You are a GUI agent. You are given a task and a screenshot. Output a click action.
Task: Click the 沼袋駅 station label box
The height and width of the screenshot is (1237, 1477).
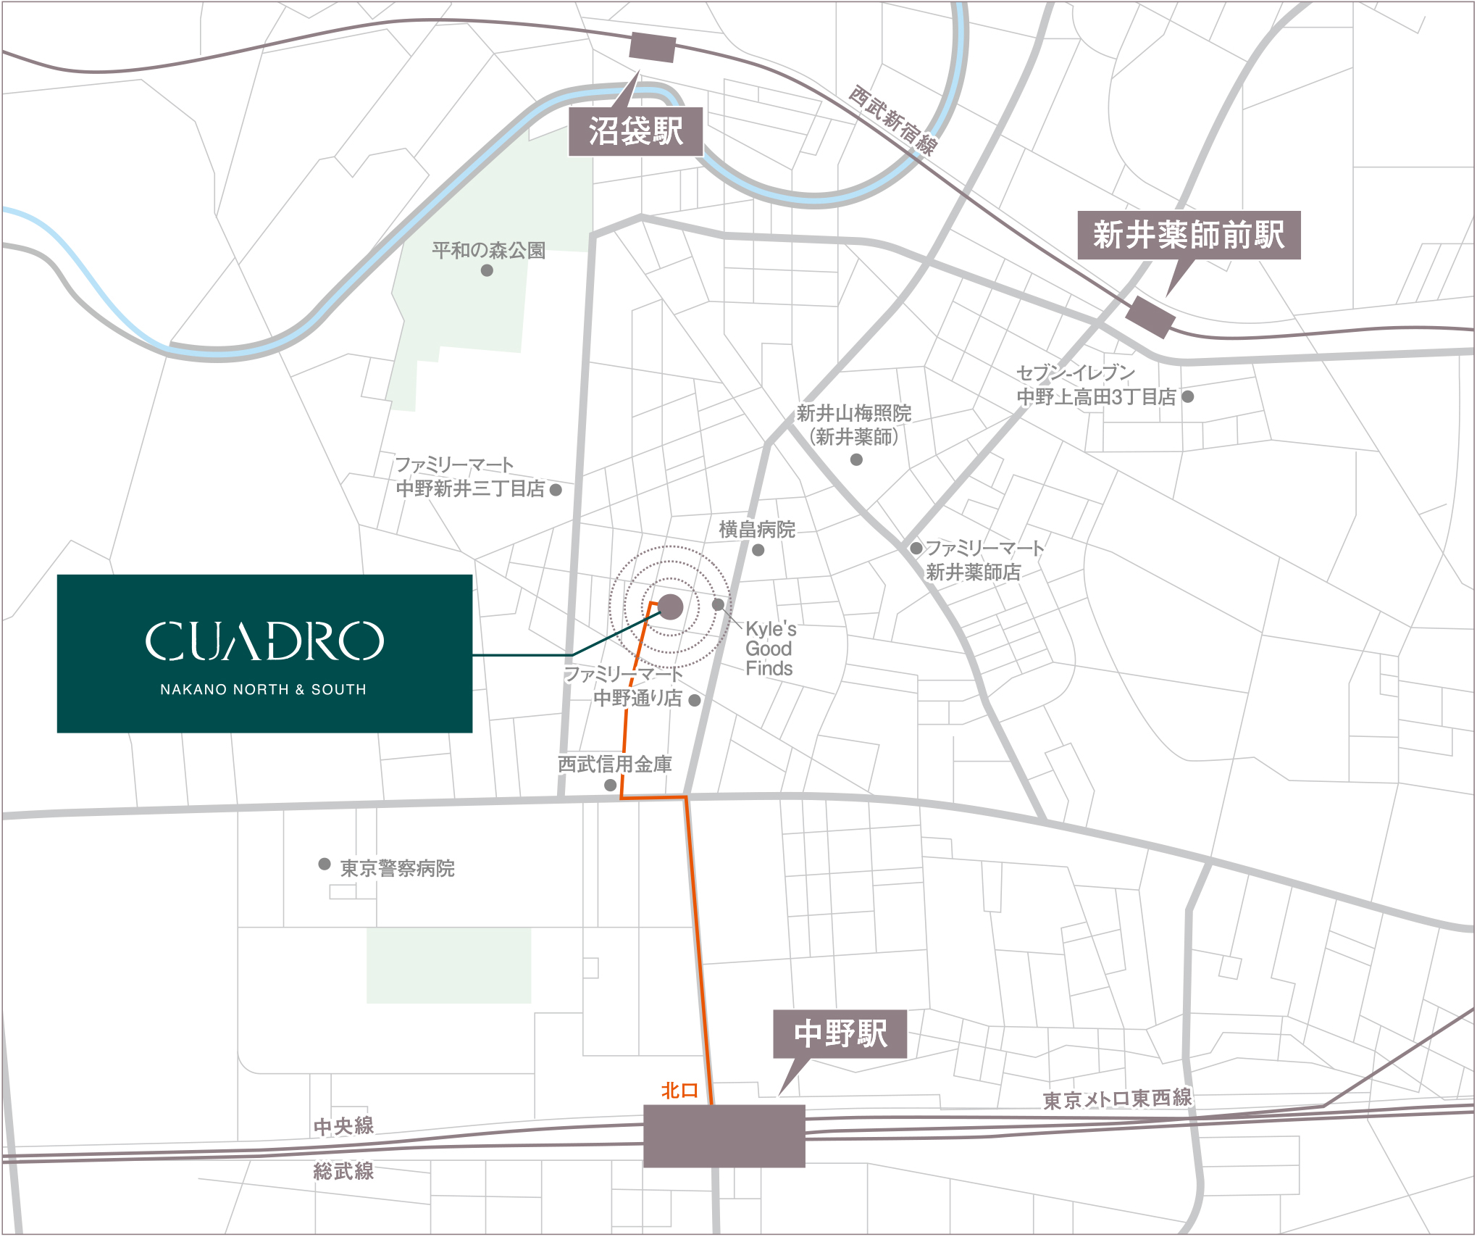635,132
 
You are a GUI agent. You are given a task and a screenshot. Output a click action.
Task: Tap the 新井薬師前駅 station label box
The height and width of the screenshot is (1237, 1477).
1188,235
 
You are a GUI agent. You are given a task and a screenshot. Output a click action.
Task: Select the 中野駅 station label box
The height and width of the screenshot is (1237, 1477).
840,1034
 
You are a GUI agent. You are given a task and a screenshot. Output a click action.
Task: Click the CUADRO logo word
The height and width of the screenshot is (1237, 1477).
264,641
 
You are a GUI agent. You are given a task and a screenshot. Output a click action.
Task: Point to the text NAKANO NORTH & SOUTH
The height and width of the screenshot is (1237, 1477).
263,690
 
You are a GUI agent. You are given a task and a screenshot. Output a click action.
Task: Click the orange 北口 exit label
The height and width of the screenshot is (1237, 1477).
679,1091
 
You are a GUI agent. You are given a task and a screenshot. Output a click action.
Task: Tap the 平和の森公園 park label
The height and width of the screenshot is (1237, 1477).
488,251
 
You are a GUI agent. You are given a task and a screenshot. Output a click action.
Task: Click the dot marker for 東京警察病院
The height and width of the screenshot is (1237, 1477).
325,864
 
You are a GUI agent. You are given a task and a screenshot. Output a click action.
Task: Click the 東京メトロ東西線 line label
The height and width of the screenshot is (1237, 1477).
1117,1099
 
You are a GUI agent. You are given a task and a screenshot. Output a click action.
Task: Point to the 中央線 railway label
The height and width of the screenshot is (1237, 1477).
343,1126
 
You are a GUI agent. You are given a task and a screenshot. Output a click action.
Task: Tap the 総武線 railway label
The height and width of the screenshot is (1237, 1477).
343,1171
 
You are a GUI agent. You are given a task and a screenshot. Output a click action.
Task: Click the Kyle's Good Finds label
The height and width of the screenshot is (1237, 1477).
770,649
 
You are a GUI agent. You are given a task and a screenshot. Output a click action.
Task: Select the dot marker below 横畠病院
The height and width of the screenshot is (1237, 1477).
758,550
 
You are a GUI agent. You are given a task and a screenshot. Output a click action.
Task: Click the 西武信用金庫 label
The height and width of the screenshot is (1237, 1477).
614,764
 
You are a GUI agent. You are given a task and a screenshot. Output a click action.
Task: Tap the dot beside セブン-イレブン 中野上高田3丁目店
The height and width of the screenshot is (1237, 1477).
1188,396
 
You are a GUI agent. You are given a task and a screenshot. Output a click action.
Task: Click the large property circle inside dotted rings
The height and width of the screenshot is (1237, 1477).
670,607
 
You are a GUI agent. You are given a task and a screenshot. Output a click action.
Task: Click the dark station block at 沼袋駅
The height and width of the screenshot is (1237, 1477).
652,47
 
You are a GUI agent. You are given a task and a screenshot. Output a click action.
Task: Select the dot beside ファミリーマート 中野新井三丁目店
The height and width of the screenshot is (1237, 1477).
556,490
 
